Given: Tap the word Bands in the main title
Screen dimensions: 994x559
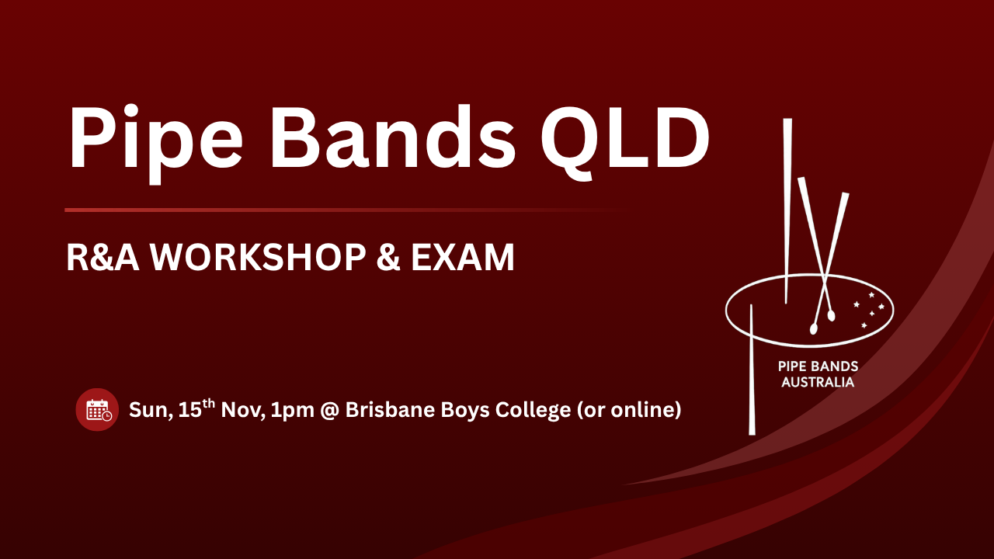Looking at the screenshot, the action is click(393, 137).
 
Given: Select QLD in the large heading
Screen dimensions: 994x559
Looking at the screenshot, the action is click(625, 141).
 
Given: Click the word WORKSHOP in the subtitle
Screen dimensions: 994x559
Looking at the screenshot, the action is click(257, 257).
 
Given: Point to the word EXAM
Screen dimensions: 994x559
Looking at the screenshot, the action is click(462, 257).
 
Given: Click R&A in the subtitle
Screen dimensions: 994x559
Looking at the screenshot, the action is click(103, 257).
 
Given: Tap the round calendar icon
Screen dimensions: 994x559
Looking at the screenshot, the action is click(97, 409).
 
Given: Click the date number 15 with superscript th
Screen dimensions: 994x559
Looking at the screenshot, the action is click(196, 409).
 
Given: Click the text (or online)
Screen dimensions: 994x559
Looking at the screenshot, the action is click(629, 410).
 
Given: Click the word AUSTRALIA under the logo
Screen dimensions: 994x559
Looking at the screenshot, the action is click(818, 383).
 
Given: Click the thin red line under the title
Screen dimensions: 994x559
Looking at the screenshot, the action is click(346, 210).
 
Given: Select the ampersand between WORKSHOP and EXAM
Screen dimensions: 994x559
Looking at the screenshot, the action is click(388, 257).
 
